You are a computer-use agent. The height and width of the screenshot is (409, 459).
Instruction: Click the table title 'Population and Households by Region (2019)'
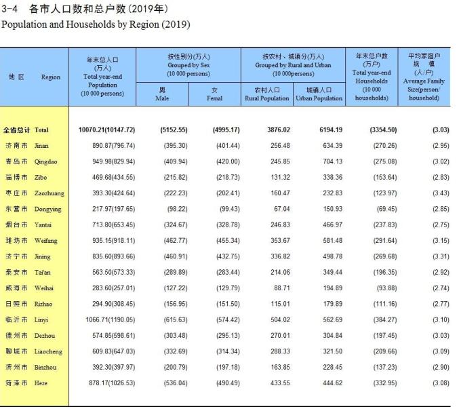coord(96,24)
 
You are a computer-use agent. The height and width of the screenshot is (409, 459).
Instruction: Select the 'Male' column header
coord(162,94)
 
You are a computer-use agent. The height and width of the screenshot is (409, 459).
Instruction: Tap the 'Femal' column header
coord(214,94)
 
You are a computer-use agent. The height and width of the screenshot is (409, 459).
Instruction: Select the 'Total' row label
coord(41,130)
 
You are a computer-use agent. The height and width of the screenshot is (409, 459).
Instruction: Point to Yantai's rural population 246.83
coord(279,225)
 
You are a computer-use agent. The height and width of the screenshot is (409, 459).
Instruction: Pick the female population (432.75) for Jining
coord(226,256)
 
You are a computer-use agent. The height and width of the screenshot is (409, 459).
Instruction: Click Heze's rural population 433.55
coord(279,383)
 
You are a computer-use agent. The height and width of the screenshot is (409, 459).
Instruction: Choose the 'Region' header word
coord(51,77)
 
